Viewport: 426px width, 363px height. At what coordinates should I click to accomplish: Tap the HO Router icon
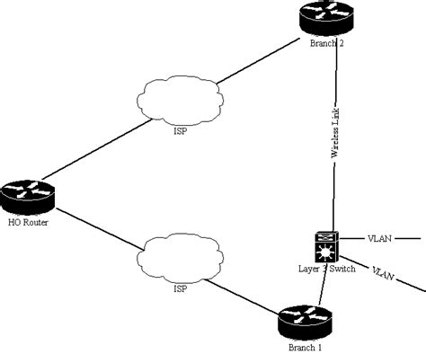click(x=29, y=195)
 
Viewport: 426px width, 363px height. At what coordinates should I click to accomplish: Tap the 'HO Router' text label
click(x=29, y=221)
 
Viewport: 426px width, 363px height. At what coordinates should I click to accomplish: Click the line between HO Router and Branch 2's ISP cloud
click(x=90, y=149)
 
